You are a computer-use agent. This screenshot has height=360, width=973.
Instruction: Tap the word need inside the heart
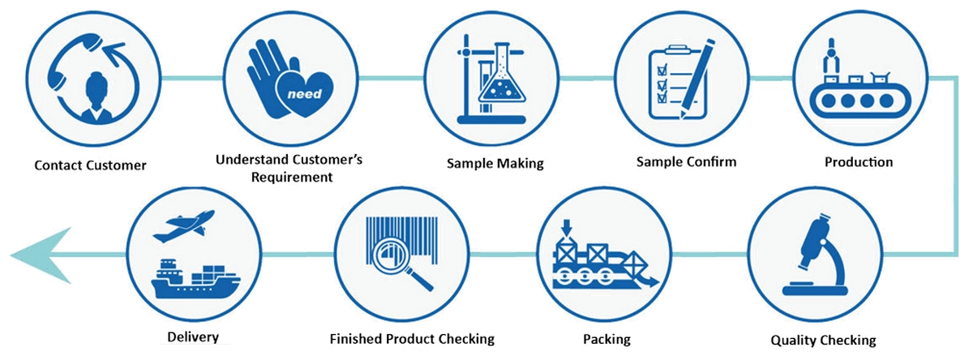305,94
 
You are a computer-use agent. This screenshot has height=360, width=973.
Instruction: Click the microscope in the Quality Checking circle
816,256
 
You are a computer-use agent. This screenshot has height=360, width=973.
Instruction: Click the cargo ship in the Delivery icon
195,279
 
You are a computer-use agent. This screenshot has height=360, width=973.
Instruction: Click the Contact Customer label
90,165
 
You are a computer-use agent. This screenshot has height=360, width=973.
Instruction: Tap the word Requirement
292,178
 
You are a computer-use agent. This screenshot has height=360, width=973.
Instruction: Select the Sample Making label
495,163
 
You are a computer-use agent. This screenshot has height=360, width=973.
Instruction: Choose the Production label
859,162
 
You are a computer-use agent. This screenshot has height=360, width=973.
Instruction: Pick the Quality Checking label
823,340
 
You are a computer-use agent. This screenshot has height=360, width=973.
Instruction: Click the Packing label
607,339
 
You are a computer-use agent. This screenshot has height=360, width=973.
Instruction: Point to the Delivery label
193,337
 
